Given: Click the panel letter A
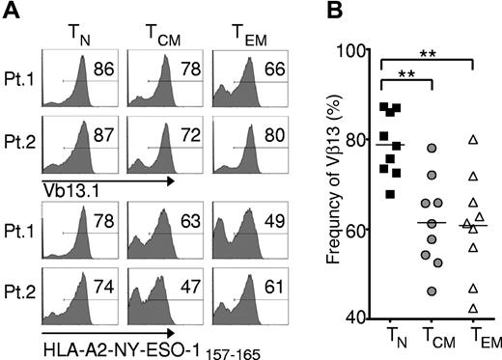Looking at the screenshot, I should pos(11,12).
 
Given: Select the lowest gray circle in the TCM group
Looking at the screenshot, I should pos(432,291).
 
